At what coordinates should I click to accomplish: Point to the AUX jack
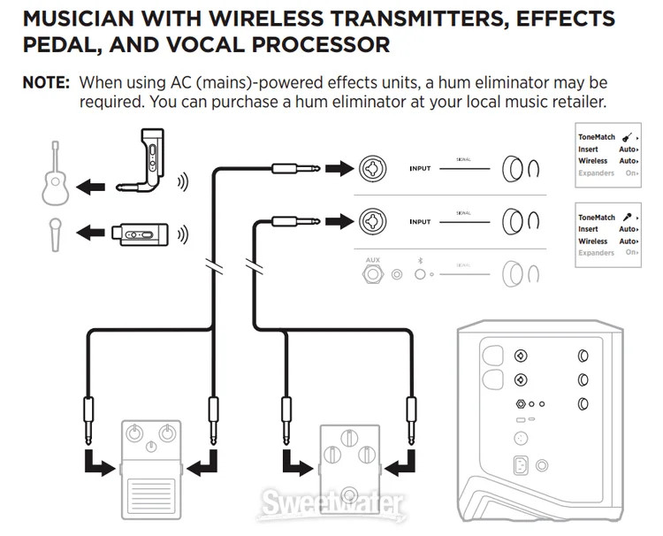(373, 273)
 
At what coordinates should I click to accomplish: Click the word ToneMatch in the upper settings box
(596, 137)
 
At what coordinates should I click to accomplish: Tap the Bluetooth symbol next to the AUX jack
(420, 262)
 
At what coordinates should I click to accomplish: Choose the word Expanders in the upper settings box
(596, 173)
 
